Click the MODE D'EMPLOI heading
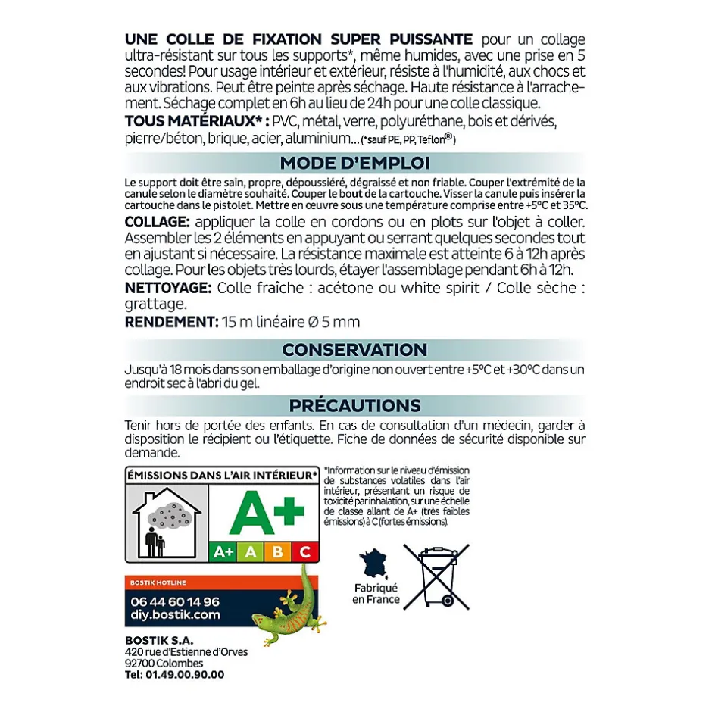354,163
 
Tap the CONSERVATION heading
354,350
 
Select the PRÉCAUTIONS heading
354,405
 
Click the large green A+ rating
262,513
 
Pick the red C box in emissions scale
305,551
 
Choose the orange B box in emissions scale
277,551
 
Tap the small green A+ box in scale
223,551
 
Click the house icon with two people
167,523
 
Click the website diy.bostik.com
174,615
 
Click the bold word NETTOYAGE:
167,288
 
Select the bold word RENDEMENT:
171,322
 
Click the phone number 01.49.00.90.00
175,674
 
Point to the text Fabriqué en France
376,594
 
